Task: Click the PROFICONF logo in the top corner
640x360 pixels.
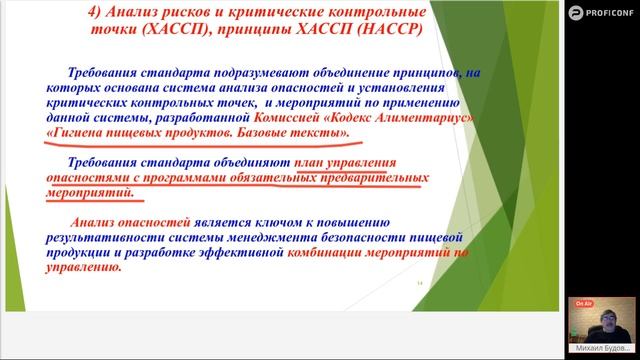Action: pyautogui.click(x=600, y=12)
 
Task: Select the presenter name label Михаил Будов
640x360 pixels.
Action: pyautogui.click(x=605, y=353)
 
